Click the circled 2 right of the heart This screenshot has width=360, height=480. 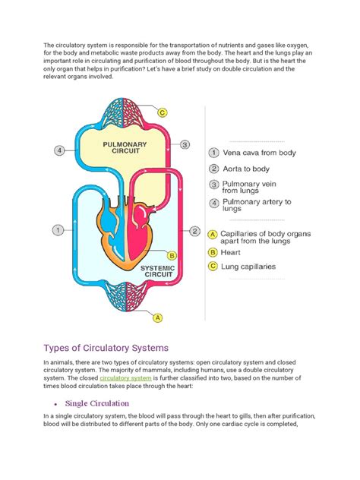pos(195,231)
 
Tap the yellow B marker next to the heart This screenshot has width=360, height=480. pos(172,257)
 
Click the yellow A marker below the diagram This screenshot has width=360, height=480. pos(158,317)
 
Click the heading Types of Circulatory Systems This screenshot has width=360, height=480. pos(111,348)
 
